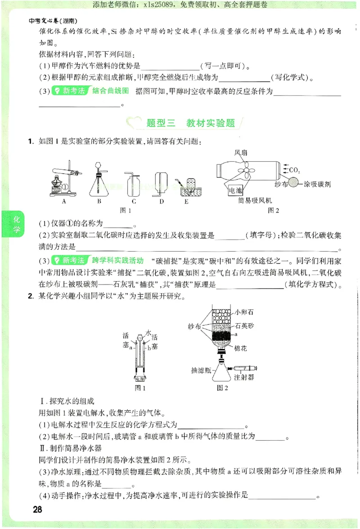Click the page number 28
pyautogui.click(x=37, y=509)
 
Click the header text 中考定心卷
pyautogui.click(x=43, y=21)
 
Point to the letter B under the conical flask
pyautogui.click(x=99, y=201)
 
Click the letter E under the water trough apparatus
pyautogui.click(x=186, y=201)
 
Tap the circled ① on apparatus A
pyautogui.click(x=64, y=187)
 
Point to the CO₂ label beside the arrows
pyautogui.click(x=294, y=170)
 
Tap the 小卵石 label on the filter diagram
pyautogui.click(x=244, y=311)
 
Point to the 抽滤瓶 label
pyautogui.click(x=201, y=370)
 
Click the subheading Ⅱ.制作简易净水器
pyautogui.click(x=71, y=448)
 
